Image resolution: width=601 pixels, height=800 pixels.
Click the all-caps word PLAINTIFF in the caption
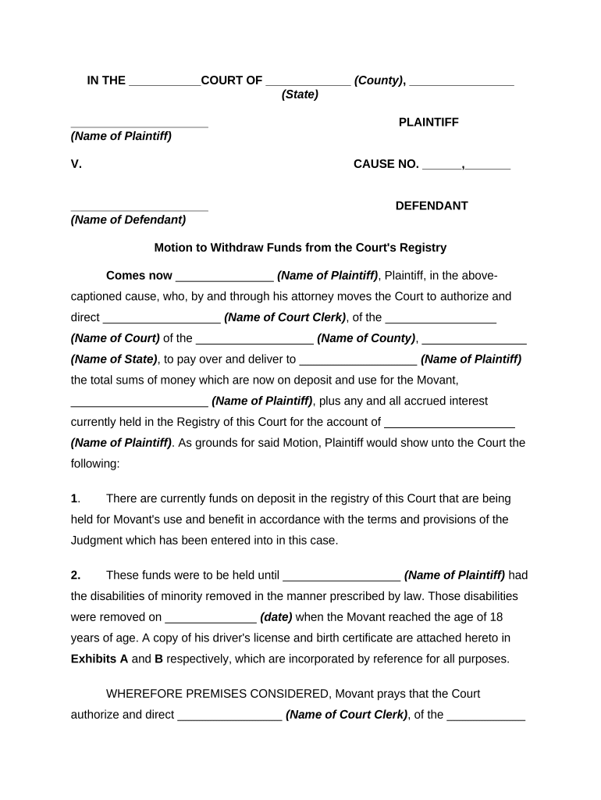429,123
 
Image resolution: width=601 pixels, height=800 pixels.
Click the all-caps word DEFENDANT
432,206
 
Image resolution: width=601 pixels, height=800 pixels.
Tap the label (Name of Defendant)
128,220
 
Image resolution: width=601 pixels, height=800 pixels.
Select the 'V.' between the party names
76,164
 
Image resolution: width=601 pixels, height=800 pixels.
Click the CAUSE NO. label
386,164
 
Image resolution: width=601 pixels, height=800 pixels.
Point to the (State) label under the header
300,95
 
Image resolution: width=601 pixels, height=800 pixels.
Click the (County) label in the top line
379,80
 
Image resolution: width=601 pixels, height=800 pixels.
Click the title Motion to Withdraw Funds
300,248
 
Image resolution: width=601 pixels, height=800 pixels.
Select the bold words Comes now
139,276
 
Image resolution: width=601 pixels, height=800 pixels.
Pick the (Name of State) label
114,359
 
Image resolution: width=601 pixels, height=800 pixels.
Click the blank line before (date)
211,617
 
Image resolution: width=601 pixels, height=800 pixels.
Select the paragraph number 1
74,498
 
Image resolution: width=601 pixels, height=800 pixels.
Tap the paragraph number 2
75,575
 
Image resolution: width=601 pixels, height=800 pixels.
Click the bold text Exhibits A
99,659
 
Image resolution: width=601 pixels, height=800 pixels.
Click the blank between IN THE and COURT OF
164,81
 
